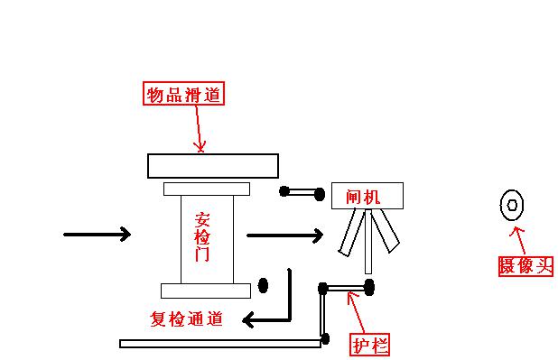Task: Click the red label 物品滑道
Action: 183,94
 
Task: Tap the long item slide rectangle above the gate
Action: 213,166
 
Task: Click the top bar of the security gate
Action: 206,189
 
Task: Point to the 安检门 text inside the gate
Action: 202,236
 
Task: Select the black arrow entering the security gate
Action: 98,235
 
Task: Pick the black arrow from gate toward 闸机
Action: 284,235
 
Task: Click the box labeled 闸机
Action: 367,195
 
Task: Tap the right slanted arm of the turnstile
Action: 386,230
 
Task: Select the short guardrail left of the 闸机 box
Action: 302,191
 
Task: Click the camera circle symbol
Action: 512,206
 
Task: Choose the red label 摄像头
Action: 525,265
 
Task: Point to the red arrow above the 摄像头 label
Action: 519,239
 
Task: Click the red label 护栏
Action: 370,344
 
